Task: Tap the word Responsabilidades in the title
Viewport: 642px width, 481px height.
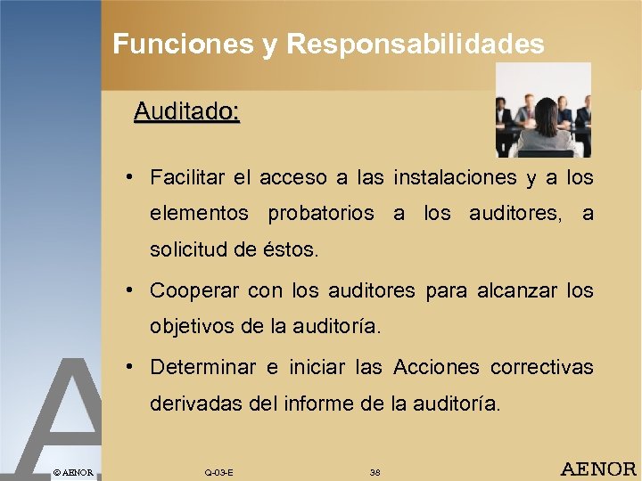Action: coord(416,45)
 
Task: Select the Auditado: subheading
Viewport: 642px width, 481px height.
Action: coord(186,112)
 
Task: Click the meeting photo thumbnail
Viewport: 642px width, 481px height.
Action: coord(543,110)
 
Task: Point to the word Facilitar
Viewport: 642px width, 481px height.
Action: coord(185,177)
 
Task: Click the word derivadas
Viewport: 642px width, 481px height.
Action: coord(191,404)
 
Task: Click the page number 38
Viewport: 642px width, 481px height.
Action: coord(374,471)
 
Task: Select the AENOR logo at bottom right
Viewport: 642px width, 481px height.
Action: coord(597,469)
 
